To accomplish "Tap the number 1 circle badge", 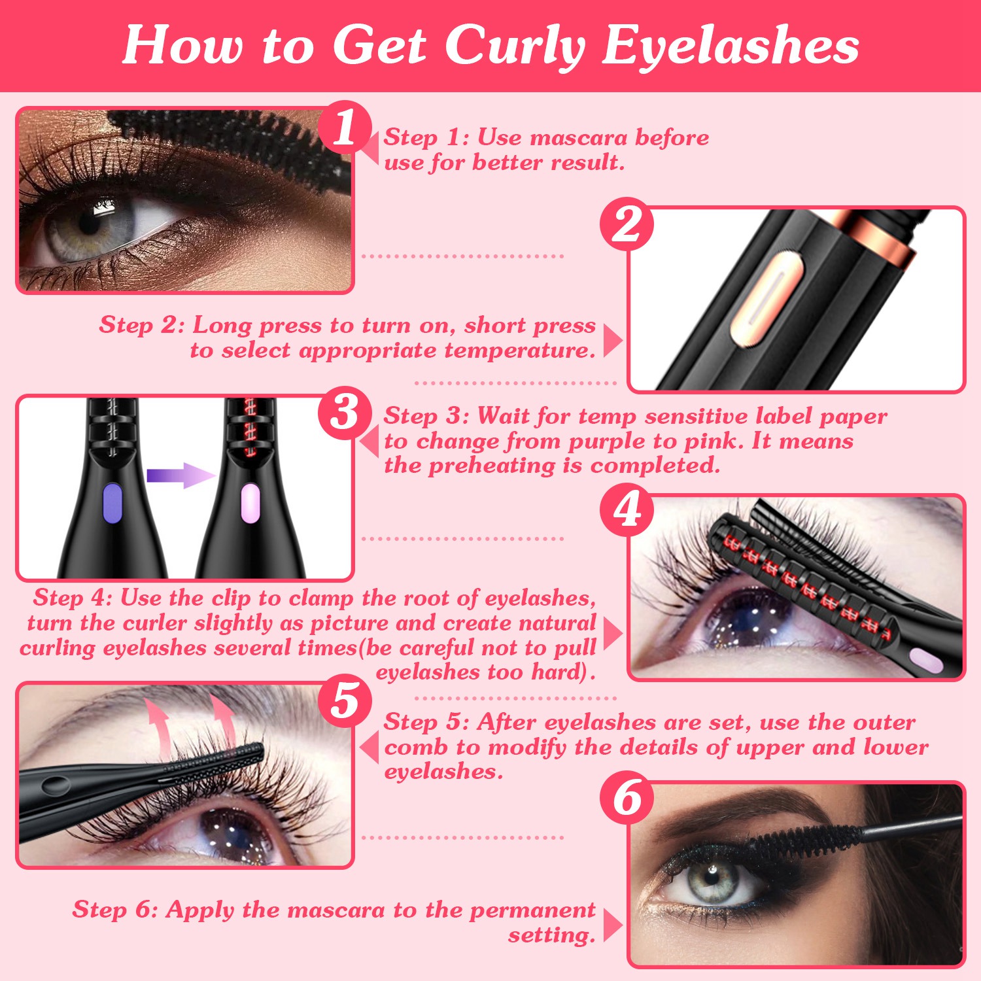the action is click(345, 127).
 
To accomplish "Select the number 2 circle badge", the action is click(627, 224).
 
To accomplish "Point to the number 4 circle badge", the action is click(627, 509).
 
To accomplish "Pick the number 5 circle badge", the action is click(345, 700).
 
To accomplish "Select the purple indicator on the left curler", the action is click(112, 503).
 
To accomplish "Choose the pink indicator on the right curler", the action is click(250, 503).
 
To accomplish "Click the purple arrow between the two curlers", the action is click(180, 475).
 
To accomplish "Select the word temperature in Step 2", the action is click(520, 351).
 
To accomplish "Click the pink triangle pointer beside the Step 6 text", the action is click(611, 925).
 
